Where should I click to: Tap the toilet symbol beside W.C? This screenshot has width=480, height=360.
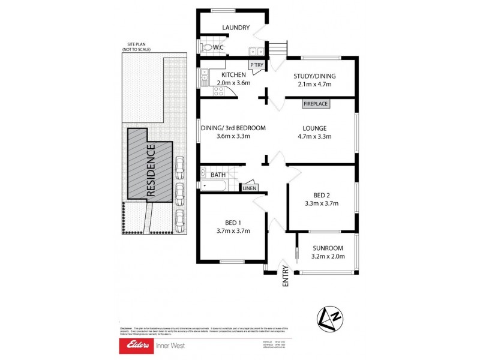pyautogui.click(x=207, y=47)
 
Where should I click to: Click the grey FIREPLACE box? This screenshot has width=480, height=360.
pyautogui.click(x=316, y=104)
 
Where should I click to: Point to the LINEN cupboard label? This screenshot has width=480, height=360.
pyautogui.click(x=250, y=188)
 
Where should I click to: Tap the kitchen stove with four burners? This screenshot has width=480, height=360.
pyautogui.click(x=217, y=91)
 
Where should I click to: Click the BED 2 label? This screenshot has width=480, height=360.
pyautogui.click(x=322, y=195)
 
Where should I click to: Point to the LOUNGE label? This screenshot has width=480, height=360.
pyautogui.click(x=314, y=128)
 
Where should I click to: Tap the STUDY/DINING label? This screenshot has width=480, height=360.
pyautogui.click(x=314, y=76)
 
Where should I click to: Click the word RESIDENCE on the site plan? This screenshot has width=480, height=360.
pyautogui.click(x=151, y=169)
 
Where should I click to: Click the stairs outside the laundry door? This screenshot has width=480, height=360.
pyautogui.click(x=277, y=49)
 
